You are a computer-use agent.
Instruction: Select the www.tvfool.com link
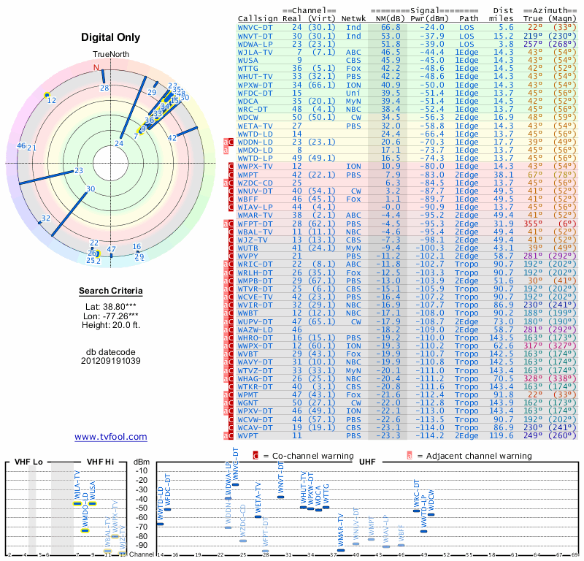pos(110,437)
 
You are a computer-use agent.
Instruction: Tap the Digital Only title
pos(110,37)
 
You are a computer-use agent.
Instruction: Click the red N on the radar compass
pos(96,68)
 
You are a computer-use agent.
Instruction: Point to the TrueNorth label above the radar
pos(110,55)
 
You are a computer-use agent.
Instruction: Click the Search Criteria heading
pos(110,291)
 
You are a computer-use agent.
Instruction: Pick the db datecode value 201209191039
pos(110,361)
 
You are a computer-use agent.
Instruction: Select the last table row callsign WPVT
pos(250,435)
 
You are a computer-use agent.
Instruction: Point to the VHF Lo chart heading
pos(28,462)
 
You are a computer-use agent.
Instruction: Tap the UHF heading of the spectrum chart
pos(368,462)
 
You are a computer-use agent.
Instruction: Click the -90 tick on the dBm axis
pos(141,545)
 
